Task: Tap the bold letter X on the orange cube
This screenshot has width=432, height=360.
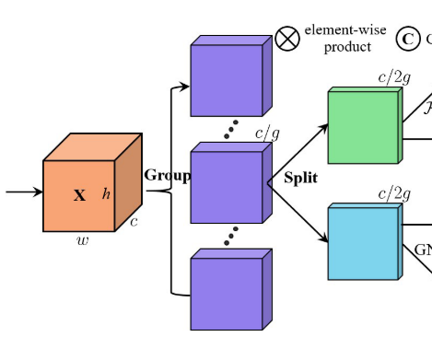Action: point(79,195)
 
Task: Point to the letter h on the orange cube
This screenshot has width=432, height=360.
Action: point(106,193)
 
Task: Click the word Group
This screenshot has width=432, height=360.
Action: point(167,176)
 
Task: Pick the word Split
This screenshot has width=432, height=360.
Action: point(299,178)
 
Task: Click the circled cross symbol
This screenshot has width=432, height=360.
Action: point(288,39)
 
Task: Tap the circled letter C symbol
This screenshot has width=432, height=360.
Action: point(407,39)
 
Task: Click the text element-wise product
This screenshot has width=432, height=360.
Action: point(345,39)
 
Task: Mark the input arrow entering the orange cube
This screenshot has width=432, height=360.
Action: point(24,192)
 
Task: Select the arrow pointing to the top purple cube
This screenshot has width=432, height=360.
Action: point(181,87)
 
